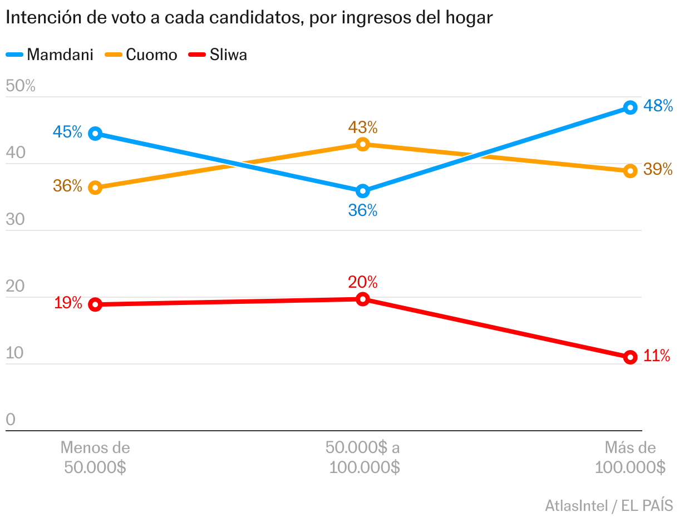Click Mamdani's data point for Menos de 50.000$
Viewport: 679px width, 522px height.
(x=95, y=134)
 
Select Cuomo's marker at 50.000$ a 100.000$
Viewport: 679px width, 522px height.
(x=363, y=145)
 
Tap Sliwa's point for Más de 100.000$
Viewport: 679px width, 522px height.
(x=630, y=357)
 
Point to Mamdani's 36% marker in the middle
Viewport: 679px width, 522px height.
(x=363, y=191)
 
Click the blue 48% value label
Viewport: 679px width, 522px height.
(x=658, y=106)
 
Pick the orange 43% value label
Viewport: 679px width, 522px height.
(x=363, y=127)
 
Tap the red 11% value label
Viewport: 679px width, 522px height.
(x=657, y=356)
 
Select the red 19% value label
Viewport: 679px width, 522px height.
(x=68, y=303)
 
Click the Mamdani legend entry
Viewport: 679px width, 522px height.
(x=50, y=55)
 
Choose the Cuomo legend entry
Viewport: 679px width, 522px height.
(x=141, y=55)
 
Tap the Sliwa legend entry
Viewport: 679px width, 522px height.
(x=218, y=55)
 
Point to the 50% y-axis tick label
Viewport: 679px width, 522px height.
(x=21, y=86)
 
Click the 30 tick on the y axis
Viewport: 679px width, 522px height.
(x=16, y=220)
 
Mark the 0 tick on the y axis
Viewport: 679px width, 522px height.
(x=11, y=420)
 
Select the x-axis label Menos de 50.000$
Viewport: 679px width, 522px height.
(x=95, y=457)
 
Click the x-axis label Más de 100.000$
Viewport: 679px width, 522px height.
(x=630, y=457)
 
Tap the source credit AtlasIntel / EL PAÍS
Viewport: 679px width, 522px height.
(x=609, y=506)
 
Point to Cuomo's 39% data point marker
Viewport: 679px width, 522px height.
(x=630, y=171)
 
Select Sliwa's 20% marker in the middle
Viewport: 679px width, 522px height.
(x=363, y=299)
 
